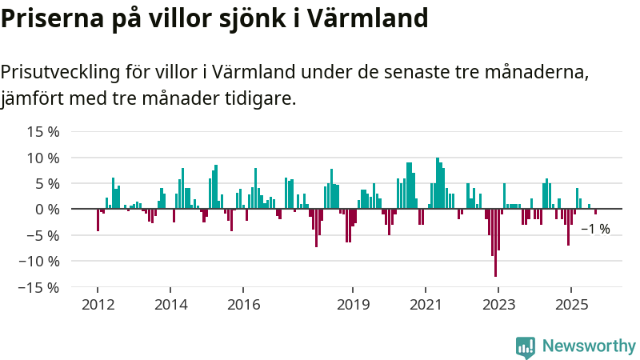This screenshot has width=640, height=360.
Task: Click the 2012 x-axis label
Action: [x=98, y=304]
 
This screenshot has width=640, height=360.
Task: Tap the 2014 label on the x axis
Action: [x=170, y=304]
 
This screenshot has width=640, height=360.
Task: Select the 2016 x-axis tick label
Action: [x=244, y=304]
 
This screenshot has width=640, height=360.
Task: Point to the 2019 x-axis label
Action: [x=353, y=304]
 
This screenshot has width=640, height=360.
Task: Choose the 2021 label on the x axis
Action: [x=426, y=304]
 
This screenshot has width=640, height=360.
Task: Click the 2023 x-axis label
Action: [x=498, y=304]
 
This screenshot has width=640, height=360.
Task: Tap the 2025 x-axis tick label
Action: [x=571, y=304]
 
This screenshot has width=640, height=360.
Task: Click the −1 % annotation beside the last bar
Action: [x=595, y=230]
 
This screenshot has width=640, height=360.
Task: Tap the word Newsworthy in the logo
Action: [x=588, y=346]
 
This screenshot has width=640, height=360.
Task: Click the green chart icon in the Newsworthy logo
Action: [x=526, y=346]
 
